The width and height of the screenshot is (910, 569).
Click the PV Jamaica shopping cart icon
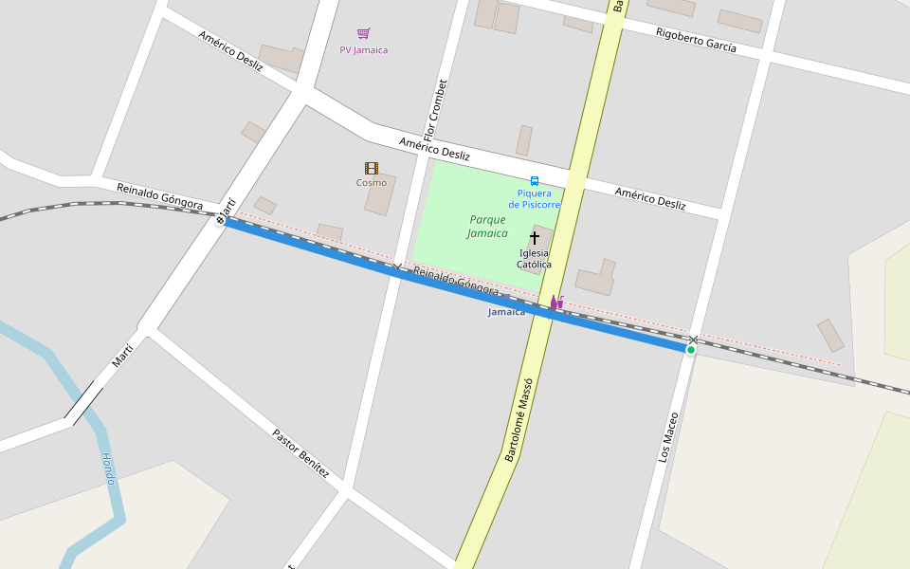coord(363,33)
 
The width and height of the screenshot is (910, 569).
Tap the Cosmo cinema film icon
coord(372,168)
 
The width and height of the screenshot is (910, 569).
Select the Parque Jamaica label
coord(488,226)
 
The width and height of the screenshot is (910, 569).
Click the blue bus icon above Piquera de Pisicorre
coord(535,180)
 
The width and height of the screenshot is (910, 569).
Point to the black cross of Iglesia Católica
coord(535,237)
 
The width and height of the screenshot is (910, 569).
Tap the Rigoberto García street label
coord(696,40)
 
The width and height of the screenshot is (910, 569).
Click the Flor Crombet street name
coord(434,110)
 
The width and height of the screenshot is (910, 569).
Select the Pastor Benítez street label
coord(300,452)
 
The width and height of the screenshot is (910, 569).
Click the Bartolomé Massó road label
coord(519,419)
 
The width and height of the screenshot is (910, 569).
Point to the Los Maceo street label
coord(668,436)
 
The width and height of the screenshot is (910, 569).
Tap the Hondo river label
coord(108,468)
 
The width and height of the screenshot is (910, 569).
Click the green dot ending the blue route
coord(691,350)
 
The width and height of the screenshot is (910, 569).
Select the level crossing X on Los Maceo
coord(694,340)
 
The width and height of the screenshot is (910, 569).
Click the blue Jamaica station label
coord(506,312)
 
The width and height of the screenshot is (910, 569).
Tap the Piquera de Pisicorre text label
coord(535,199)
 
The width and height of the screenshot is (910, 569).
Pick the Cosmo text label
coord(372,183)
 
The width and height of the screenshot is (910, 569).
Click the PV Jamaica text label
coord(364,50)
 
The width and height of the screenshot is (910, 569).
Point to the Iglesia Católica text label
coord(535,259)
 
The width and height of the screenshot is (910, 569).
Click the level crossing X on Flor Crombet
coord(397,267)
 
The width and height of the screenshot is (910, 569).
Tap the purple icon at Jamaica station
coord(556,303)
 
